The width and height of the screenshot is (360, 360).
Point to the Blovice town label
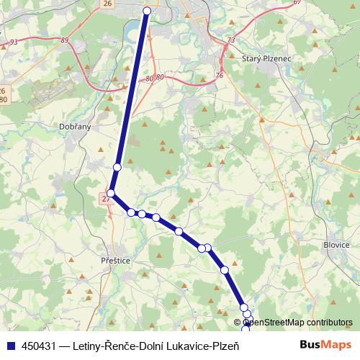pyautogui.click(x=337, y=244)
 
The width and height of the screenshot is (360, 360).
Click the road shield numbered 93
pyautogui.click(x=14, y=42)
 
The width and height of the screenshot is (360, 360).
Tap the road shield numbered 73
pyautogui.click(x=230, y=40)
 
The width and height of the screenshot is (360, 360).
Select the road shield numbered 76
pyautogui.click(x=219, y=75)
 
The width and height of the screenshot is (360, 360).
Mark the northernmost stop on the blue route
pyautogui.click(x=148, y=11)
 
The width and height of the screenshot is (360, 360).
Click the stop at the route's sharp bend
pyautogui.click(x=111, y=192)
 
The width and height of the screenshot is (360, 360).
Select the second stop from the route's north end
pyautogui.click(x=117, y=167)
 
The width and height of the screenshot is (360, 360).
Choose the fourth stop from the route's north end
pyautogui.click(x=131, y=212)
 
